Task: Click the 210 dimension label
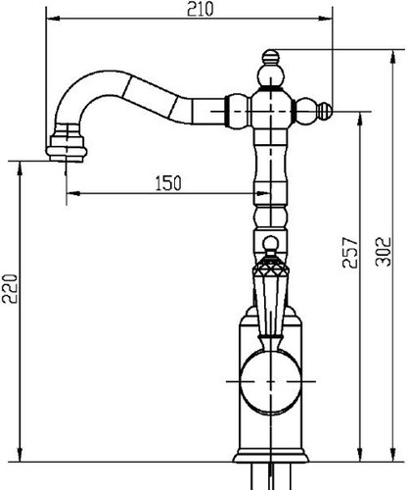[200, 9]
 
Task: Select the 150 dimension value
[168, 183]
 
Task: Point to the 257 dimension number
[350, 253]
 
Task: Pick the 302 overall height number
[384, 252]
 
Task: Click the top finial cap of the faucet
[271, 57]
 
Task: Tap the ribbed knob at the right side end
[325, 111]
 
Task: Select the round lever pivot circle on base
[271, 381]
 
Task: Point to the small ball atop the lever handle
[271, 243]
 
